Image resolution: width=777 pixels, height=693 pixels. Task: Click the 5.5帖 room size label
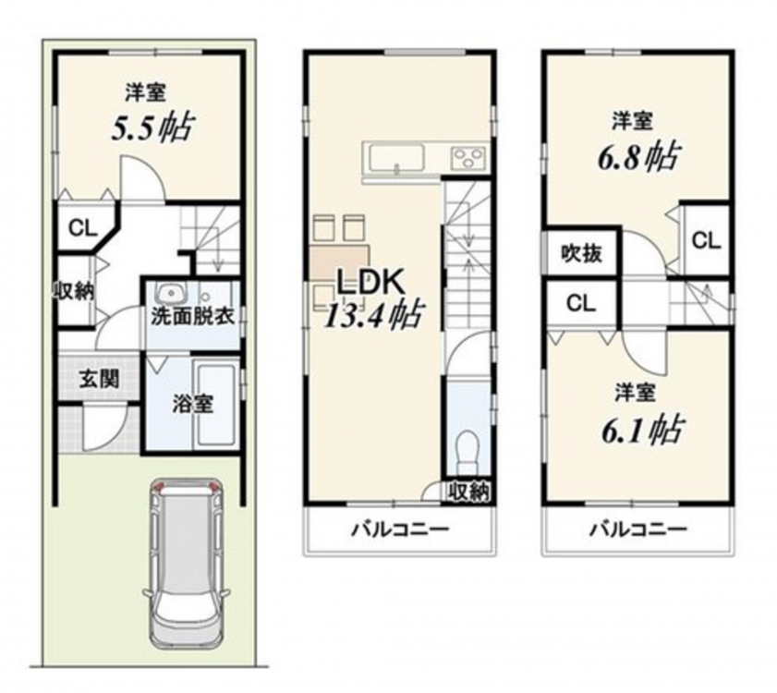pyautogui.click(x=152, y=128)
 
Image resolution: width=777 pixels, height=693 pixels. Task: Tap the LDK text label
pyautogui.click(x=370, y=282)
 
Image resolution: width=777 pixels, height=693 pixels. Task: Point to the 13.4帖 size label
pyautogui.click(x=373, y=314)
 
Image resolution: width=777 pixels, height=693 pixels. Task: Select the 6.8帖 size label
pyautogui.click(x=638, y=157)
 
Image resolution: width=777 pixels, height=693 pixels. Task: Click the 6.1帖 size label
pyautogui.click(x=642, y=430)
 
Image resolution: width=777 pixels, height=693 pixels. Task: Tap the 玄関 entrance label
pyautogui.click(x=100, y=380)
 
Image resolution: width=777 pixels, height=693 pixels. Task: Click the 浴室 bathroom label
pyautogui.click(x=193, y=404)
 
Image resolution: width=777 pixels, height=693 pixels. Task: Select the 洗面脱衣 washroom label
pyautogui.click(x=193, y=316)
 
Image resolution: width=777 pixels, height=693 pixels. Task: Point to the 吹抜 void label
pyautogui.click(x=582, y=254)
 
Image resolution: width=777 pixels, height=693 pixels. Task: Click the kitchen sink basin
pyautogui.click(x=397, y=158)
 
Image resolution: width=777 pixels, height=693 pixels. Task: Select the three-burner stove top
pyautogui.click(x=467, y=159)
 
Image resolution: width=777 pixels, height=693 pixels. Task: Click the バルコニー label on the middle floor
pyautogui.click(x=400, y=529)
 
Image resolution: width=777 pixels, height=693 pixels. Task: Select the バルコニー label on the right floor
pyautogui.click(x=638, y=529)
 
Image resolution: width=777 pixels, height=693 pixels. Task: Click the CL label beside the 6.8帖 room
pyautogui.click(x=706, y=241)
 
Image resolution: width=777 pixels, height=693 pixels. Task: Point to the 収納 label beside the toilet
pyautogui.click(x=468, y=492)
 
